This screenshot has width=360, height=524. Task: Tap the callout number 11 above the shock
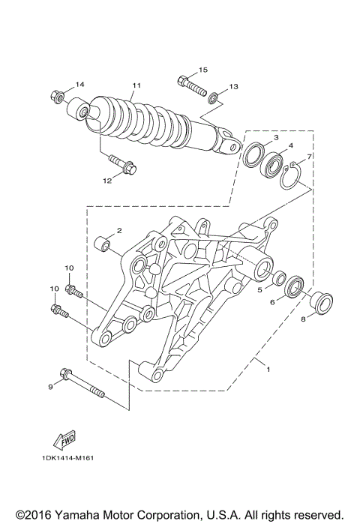coord(136,85)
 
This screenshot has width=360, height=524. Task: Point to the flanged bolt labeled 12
coord(121,163)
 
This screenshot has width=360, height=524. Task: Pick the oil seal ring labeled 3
coord(253,153)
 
